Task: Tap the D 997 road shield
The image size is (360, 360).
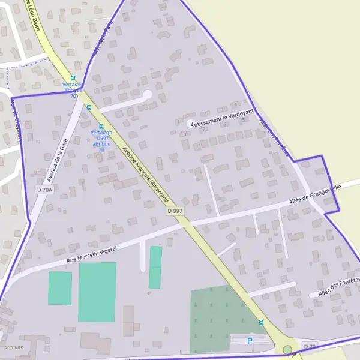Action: [175, 211]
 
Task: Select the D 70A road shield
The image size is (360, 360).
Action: [45, 190]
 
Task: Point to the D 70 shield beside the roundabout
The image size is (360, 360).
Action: [310, 347]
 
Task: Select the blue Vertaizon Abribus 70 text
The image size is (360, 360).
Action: [73, 90]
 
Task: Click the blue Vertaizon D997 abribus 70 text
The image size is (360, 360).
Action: [101, 140]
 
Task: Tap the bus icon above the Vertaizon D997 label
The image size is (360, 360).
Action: [101, 126]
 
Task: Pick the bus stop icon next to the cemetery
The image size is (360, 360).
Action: [261, 322]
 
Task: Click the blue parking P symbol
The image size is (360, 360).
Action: [250, 341]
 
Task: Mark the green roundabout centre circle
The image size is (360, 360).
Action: [287, 349]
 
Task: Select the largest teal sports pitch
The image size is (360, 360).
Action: [97, 292]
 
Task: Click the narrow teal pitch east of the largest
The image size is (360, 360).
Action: [155, 267]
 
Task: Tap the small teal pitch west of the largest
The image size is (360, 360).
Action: [60, 288]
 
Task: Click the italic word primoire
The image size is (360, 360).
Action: [14, 347]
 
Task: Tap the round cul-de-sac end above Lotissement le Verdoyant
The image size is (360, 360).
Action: [148, 94]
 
